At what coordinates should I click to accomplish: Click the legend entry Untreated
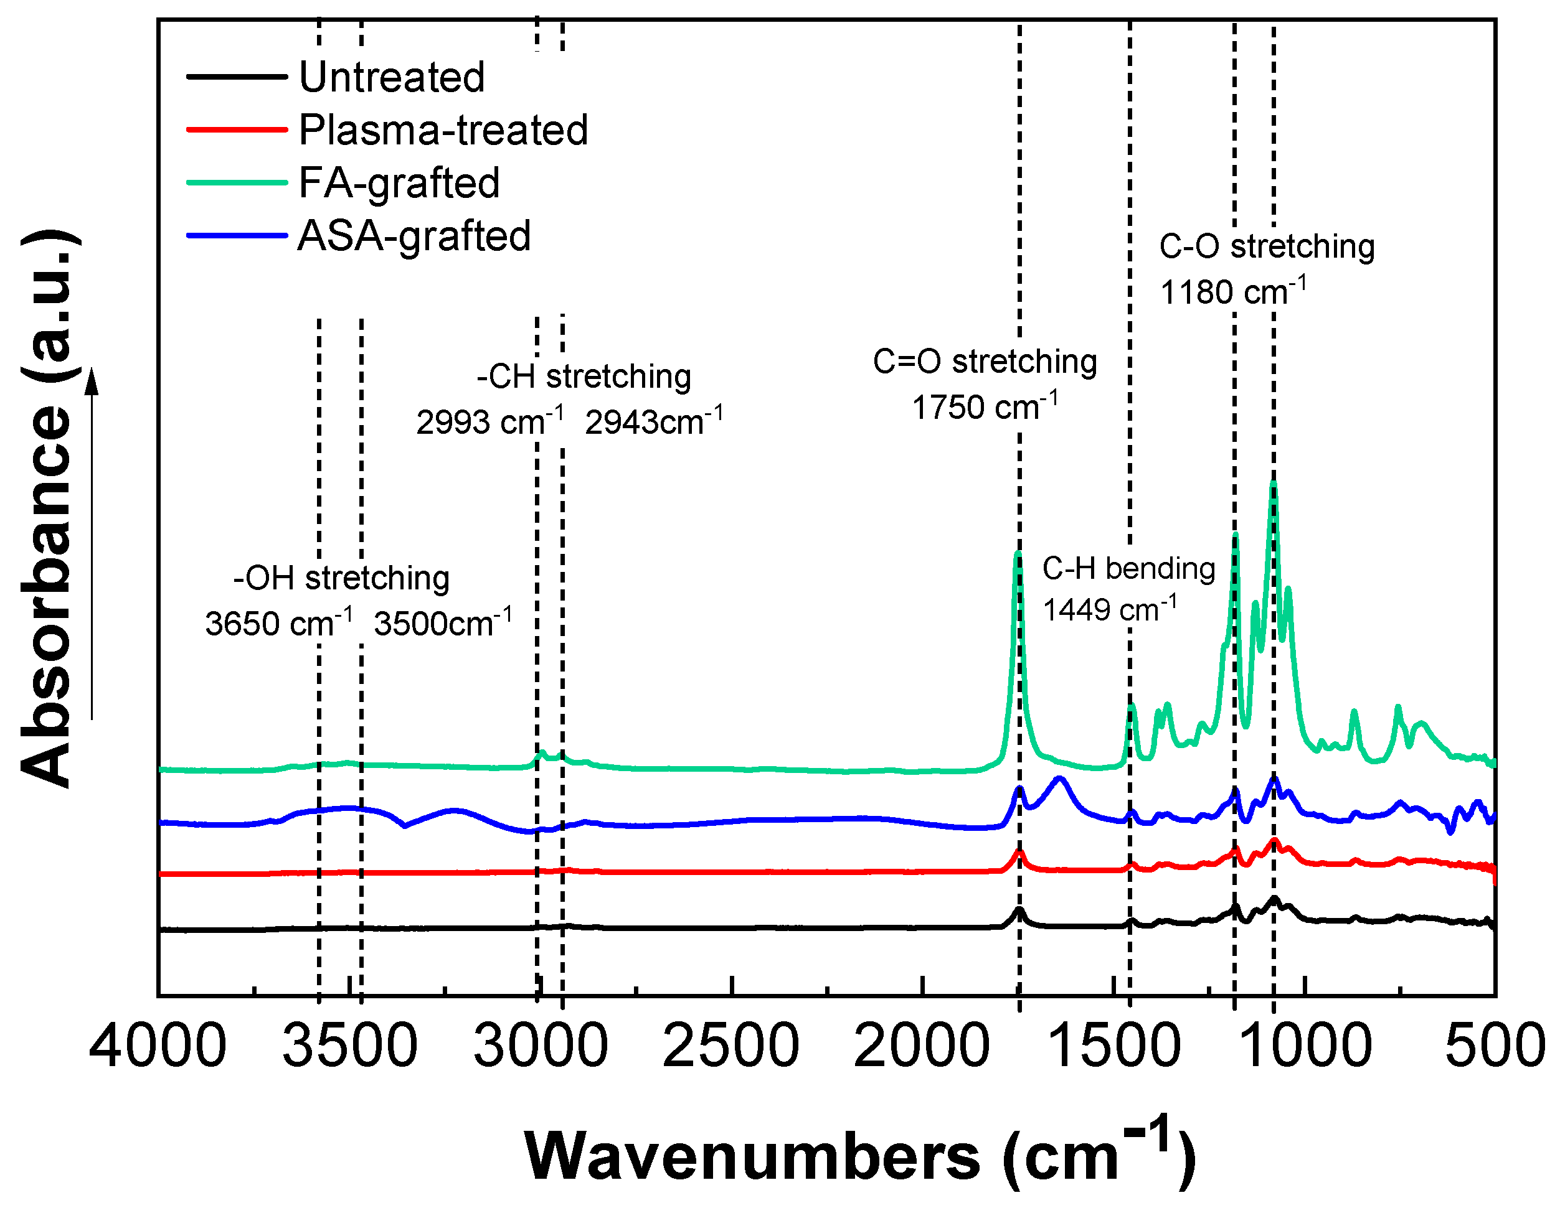point(392,77)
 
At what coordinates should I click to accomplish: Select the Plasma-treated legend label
point(443,130)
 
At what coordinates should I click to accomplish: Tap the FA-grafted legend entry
point(399,183)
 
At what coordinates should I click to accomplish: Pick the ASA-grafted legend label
point(414,236)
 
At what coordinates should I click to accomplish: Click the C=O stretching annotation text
point(985,361)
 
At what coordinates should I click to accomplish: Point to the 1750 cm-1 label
point(985,408)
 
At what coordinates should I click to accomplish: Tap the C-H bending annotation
point(1128,568)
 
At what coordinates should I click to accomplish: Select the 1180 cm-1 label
point(1233,292)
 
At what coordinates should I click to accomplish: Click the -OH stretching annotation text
point(341,578)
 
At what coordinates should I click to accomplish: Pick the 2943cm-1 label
point(653,422)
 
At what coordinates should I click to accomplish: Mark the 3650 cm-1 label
point(278,623)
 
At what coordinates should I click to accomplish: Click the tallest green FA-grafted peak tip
point(1274,484)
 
